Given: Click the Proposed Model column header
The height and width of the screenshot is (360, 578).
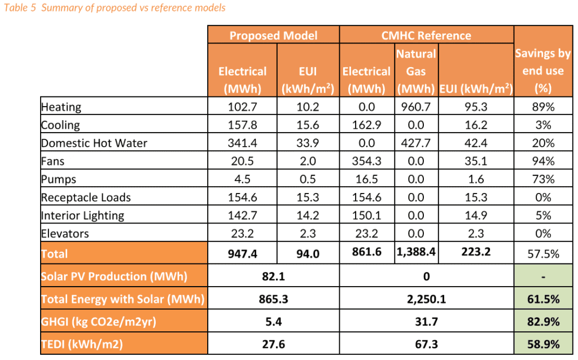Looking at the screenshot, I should coord(273,35).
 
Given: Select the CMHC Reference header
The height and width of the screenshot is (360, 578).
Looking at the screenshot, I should coord(426,35).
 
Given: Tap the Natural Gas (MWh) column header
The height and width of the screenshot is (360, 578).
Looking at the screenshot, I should coord(416,71).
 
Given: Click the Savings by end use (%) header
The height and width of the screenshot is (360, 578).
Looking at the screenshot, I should coord(542,71).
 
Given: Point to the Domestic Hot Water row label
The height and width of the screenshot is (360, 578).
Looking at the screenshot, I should coord(94,143).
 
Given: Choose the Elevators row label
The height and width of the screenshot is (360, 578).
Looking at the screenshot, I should coord(65,234).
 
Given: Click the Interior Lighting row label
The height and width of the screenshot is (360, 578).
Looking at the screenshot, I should coord(82,216).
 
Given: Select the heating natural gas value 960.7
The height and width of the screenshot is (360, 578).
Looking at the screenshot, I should coord(416,107).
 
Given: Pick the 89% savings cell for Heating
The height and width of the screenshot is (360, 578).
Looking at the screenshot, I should coord(542,107).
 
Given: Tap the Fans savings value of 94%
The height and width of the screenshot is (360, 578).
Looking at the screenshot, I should coord(542,161).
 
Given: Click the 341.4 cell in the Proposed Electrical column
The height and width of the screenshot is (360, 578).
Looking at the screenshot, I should coord(242,143).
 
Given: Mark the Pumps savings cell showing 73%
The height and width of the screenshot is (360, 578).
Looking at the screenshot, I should coord(542,179).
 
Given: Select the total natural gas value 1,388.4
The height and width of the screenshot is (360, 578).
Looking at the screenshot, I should coord(416,253).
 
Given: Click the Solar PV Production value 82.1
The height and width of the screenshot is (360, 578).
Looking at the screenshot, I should coord(273,276).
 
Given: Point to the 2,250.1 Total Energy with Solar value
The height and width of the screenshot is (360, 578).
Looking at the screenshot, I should coord(426,299).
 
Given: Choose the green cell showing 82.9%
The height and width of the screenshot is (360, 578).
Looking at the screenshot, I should coord(542,322).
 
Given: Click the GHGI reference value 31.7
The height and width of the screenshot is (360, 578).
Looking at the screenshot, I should coord(426,322).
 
